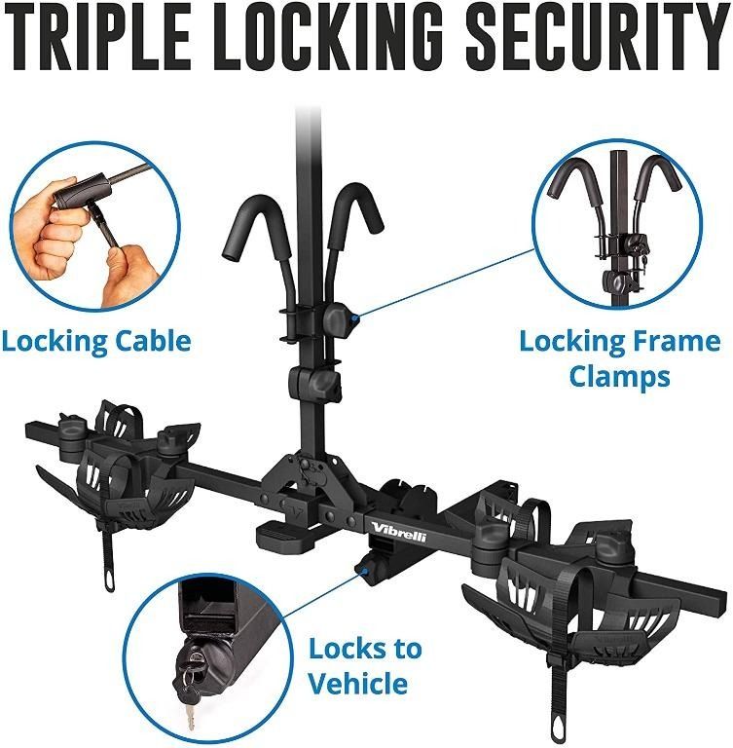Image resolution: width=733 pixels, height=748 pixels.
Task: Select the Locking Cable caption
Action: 95,341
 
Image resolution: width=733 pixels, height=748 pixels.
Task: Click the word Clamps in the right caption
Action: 620,375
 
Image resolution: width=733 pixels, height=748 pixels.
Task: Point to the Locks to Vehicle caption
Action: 365,665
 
